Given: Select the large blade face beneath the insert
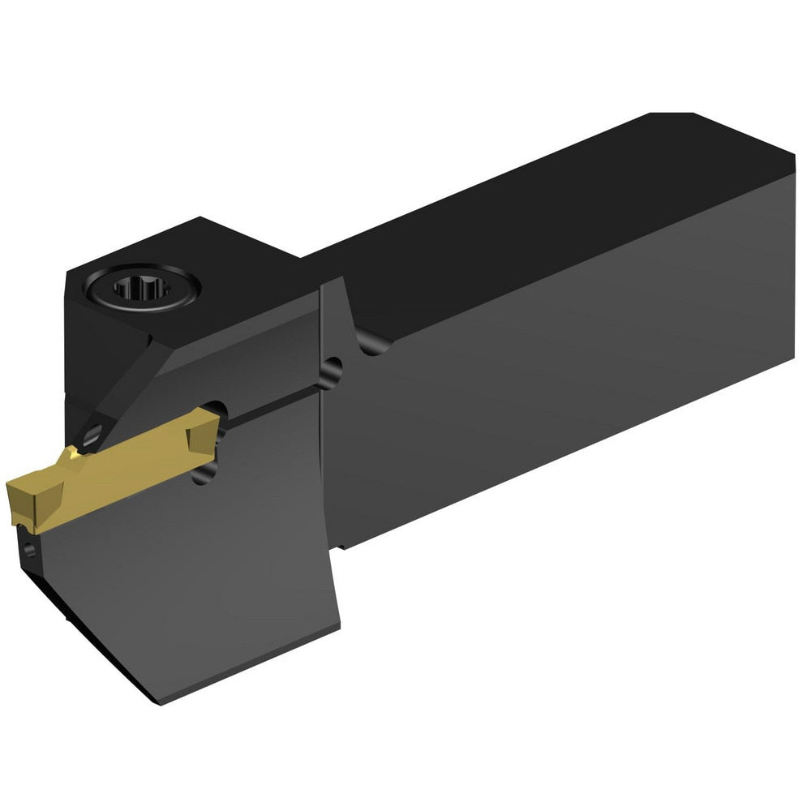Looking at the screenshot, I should click(x=187, y=568).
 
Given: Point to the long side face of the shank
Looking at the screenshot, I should click(x=568, y=381).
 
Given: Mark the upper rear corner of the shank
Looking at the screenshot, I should click(x=791, y=154).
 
